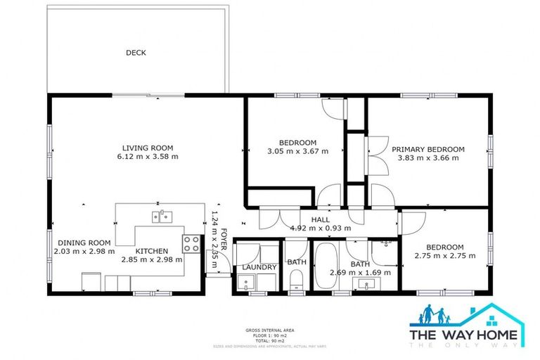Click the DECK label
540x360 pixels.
[x=136, y=53]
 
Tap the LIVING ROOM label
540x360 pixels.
[x=148, y=148]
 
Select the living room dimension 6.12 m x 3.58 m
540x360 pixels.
[x=148, y=157]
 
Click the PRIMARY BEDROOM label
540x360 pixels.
[x=428, y=149]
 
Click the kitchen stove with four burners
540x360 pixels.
[x=191, y=244]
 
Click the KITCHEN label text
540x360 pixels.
[x=152, y=250]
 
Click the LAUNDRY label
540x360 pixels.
[x=258, y=267]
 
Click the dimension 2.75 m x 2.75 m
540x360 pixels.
[x=444, y=256]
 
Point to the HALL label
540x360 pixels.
[x=310, y=219]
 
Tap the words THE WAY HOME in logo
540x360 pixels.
[x=466, y=335]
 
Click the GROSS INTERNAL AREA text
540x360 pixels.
[x=269, y=329]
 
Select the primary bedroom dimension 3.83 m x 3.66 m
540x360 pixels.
[x=428, y=158]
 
